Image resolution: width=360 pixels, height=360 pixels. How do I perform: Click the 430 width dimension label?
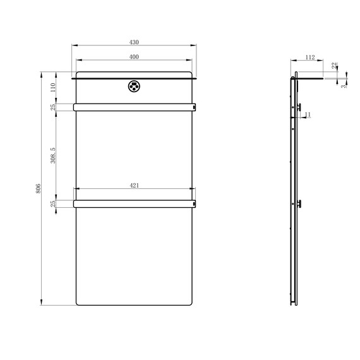(x=134, y=42)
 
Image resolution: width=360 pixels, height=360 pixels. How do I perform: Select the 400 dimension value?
(x=134, y=57)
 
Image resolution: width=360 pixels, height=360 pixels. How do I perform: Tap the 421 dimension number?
(x=134, y=186)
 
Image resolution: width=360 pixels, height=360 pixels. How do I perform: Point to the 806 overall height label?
(x=38, y=189)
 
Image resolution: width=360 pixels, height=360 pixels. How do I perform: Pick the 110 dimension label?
(x=53, y=88)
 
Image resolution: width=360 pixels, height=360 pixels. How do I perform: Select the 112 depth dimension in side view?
(x=309, y=57)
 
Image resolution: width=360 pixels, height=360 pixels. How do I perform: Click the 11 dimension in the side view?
(x=308, y=114)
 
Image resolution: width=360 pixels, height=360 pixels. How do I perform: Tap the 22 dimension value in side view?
(x=333, y=66)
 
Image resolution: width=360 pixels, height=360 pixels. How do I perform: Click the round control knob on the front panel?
(x=134, y=87)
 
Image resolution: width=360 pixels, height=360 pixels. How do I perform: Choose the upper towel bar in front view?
(x=134, y=107)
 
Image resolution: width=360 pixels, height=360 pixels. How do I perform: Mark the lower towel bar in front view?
(x=134, y=203)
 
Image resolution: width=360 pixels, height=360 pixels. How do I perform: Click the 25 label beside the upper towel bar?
(x=54, y=107)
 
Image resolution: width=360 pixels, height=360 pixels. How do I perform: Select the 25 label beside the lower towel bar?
(x=54, y=203)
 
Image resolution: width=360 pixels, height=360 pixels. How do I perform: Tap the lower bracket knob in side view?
(x=300, y=203)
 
